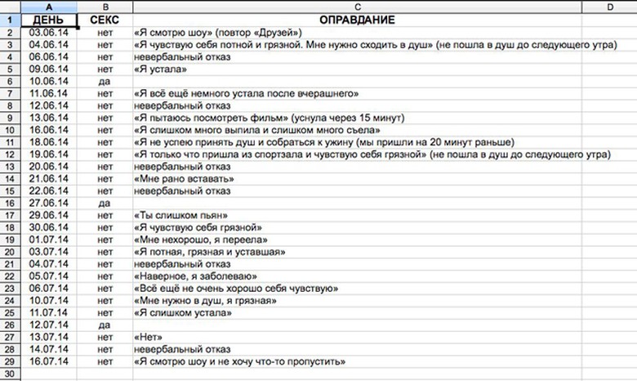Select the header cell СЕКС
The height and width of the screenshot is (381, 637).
click(105, 19)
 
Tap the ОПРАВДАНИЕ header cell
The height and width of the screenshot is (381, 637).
click(358, 19)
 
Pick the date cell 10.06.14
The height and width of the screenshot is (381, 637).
click(48, 82)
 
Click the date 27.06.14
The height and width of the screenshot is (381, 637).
click(48, 202)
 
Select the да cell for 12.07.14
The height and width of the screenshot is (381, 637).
click(105, 324)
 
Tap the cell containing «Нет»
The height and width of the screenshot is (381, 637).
click(151, 336)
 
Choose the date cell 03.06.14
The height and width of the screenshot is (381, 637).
click(48, 32)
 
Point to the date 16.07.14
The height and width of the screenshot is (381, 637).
click(48, 361)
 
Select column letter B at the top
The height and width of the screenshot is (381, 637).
click(105, 7)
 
